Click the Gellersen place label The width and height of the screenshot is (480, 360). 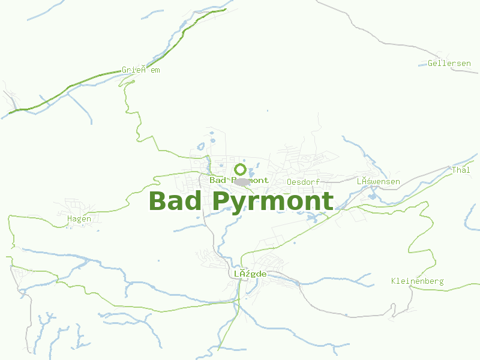[x=449, y=63]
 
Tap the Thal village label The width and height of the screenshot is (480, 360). [x=461, y=170]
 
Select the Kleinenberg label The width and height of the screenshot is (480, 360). [x=417, y=281]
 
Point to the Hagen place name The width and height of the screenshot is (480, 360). [x=79, y=218]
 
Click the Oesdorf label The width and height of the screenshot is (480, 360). [x=303, y=181]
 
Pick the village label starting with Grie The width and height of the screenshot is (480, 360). [x=140, y=70]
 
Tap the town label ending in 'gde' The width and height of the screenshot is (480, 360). [x=250, y=274]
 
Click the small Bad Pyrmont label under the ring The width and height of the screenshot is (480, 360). [x=239, y=180]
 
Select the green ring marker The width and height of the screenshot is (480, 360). [x=241, y=169]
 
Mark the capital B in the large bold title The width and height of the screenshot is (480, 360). [x=157, y=201]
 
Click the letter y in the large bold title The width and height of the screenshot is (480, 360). [x=239, y=205]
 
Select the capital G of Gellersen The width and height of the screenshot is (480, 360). [x=430, y=63]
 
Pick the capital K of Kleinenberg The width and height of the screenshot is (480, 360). [x=394, y=281]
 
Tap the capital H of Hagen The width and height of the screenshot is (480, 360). [x=70, y=218]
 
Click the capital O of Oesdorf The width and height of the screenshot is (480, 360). [x=289, y=181]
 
